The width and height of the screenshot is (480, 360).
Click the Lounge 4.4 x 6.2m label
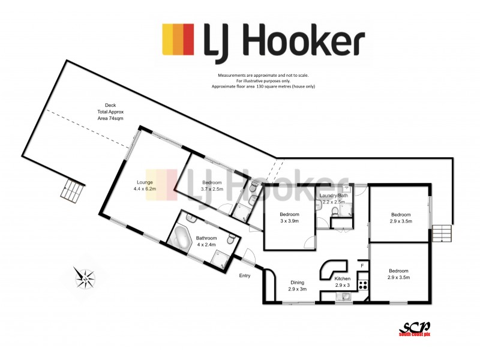click(145, 185)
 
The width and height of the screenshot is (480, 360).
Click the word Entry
click(245, 275)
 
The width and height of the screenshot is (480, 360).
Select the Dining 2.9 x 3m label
click(297, 286)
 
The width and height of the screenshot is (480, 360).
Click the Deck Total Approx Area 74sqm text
click(110, 112)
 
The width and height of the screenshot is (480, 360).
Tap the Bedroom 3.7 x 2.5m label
click(212, 185)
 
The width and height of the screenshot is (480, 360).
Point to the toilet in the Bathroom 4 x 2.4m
click(230, 239)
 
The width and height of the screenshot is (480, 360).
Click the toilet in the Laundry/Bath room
click(318, 205)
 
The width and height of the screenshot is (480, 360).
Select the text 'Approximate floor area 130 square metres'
click(263, 86)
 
